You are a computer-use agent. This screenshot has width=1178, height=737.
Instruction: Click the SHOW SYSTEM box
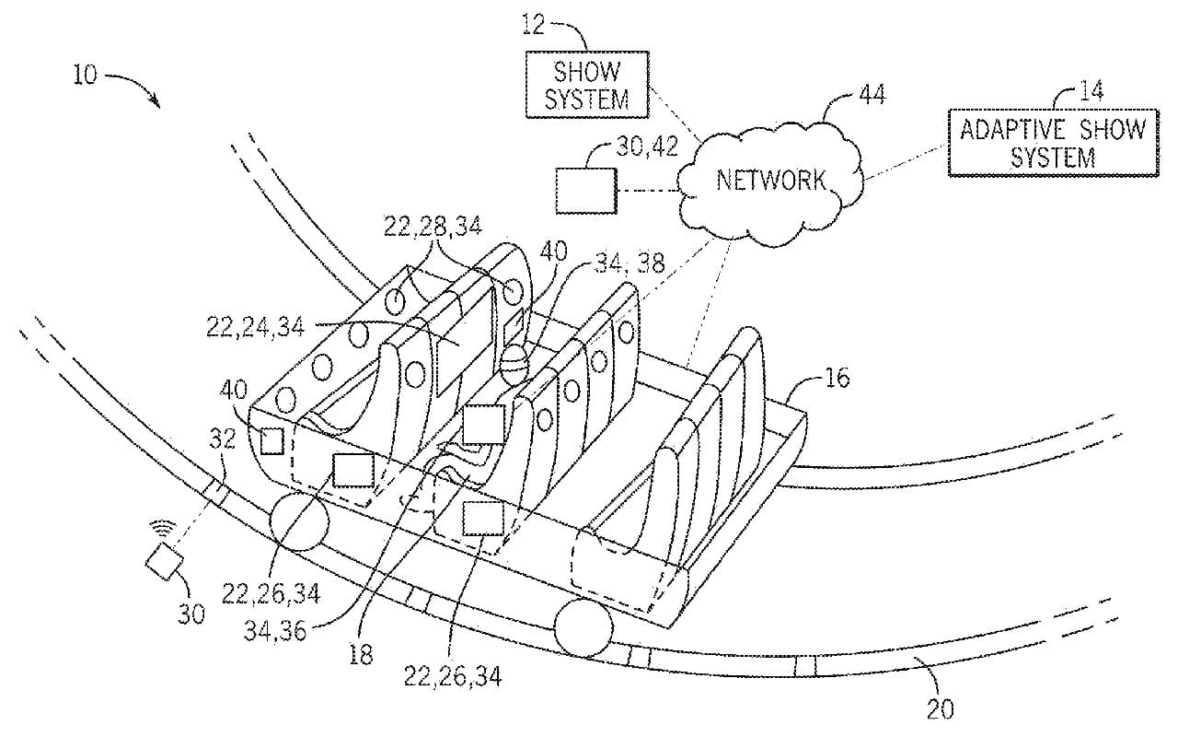(x=586, y=85)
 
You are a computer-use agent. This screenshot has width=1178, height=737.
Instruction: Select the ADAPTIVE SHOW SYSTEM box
(x=1053, y=143)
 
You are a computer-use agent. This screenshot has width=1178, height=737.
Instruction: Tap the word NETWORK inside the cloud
(x=758, y=180)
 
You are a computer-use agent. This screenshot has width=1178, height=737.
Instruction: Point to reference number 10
(x=84, y=75)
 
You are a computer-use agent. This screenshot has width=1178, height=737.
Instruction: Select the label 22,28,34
(x=433, y=226)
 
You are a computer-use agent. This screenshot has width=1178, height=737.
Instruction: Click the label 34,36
(x=282, y=629)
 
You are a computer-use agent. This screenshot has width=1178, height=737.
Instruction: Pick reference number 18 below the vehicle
(x=362, y=654)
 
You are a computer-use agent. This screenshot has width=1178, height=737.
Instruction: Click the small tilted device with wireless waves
(x=163, y=561)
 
